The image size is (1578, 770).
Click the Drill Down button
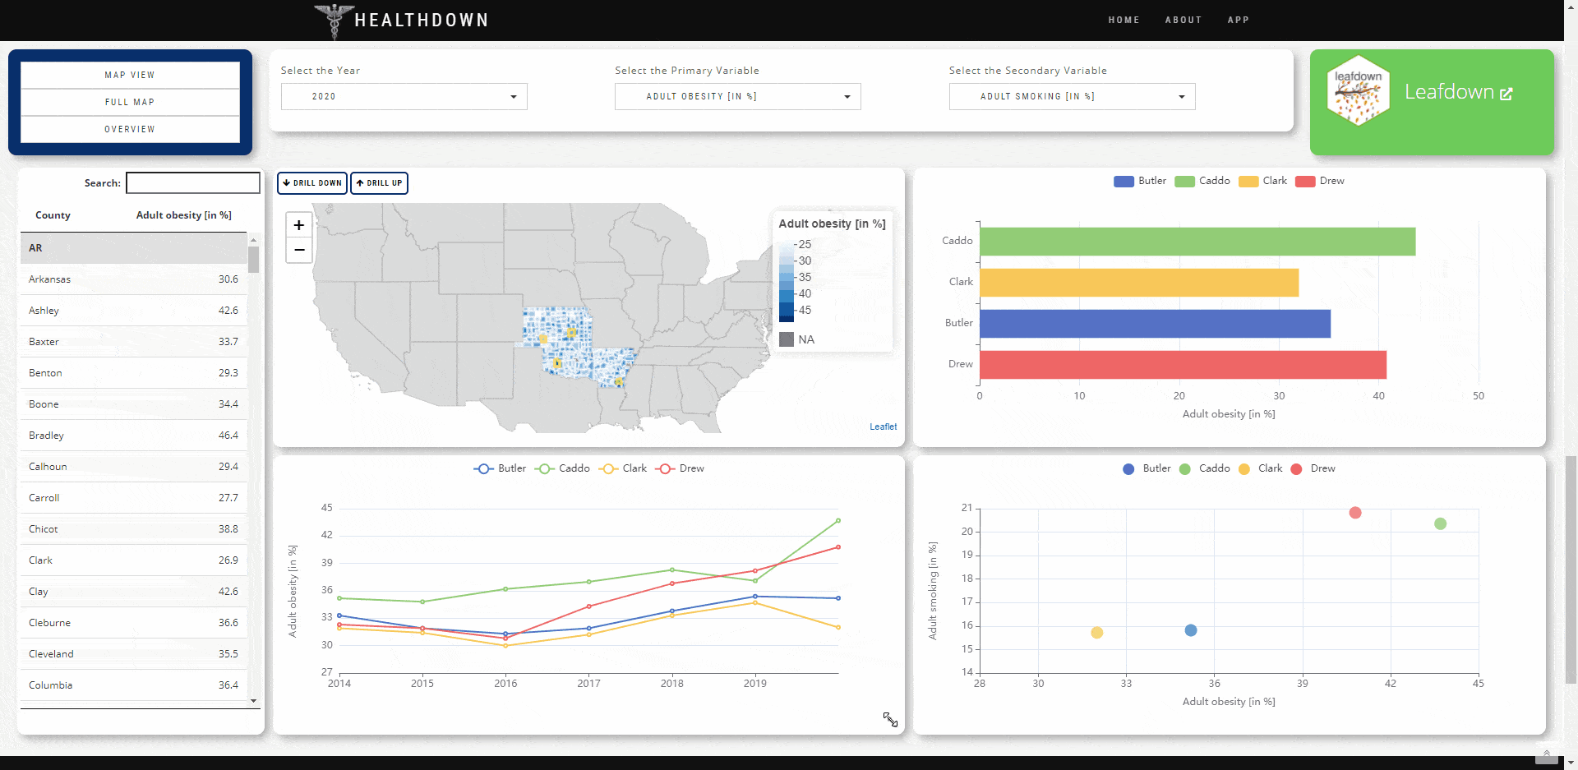pyautogui.click(x=311, y=183)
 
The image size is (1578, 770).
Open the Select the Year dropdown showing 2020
pyautogui.click(x=404, y=97)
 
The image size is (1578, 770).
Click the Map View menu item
pyautogui.click(x=130, y=75)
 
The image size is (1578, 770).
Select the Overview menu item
pyautogui.click(x=130, y=129)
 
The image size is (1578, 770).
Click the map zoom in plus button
pyautogui.click(x=299, y=225)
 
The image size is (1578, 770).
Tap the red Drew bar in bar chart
pyautogui.click(x=1182, y=365)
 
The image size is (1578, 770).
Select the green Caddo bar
pyautogui.click(x=1197, y=242)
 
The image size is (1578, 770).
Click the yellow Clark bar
pyautogui.click(x=1138, y=283)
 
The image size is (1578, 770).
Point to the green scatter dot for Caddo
pyautogui.click(x=1440, y=523)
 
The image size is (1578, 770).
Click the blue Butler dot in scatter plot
pyautogui.click(x=1191, y=630)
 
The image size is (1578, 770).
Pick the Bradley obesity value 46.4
pyautogui.click(x=228, y=436)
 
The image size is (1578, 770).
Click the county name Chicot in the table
pyautogui.click(x=44, y=529)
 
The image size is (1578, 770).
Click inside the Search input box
pyautogui.click(x=193, y=182)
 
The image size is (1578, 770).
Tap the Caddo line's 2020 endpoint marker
pyautogui.click(x=838, y=520)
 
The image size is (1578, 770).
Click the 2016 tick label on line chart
pyautogui.click(x=505, y=684)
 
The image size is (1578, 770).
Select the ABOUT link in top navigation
pyautogui.click(x=1183, y=20)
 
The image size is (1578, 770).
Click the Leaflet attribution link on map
pyautogui.click(x=883, y=426)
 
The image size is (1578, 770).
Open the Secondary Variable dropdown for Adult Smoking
pyautogui.click(x=1072, y=97)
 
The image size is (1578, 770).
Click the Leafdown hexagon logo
pyautogui.click(x=1358, y=90)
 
